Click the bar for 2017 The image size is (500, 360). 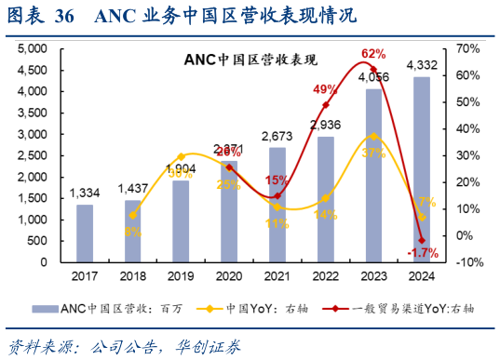(x=85, y=233)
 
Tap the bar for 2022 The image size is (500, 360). (x=325, y=199)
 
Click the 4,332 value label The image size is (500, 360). (x=421, y=65)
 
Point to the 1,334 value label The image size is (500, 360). (x=86, y=193)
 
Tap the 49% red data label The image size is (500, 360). (x=325, y=89)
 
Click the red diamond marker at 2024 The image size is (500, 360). (x=421, y=239)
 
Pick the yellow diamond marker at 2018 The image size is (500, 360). (x=133, y=215)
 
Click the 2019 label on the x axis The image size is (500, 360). (x=181, y=276)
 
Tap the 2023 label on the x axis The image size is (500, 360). (x=372, y=276)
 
